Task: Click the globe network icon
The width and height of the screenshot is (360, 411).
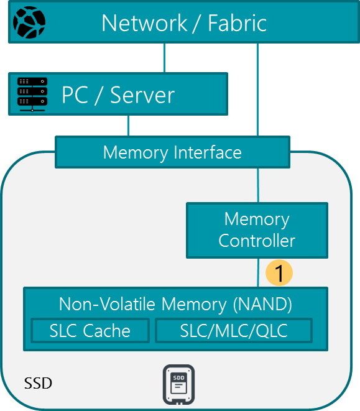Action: pos(29,22)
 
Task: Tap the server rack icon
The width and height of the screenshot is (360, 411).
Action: pos(32,95)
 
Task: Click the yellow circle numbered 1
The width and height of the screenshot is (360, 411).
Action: pos(279,273)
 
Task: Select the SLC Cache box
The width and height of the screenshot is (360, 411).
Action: pos(90,331)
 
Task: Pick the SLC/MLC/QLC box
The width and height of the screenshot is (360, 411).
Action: pos(234,331)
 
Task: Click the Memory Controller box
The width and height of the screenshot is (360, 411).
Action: pos(257,231)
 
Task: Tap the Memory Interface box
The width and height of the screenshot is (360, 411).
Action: pos(172,152)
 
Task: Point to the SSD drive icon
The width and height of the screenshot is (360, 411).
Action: pos(178,384)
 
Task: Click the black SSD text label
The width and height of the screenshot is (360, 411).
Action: pos(38,383)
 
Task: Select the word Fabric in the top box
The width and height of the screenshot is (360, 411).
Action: pos(238,24)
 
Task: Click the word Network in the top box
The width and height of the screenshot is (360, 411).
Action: pos(144,24)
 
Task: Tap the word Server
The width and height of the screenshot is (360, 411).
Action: pos(142,95)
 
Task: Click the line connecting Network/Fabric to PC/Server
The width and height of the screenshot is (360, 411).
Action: pos(164,58)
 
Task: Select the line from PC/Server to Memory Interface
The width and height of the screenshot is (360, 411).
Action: pos(128,126)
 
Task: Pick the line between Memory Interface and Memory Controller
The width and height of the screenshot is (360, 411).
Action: pos(258,185)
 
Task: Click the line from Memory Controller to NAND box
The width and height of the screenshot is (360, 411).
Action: pos(258,273)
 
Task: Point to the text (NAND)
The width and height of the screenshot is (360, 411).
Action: pos(262,305)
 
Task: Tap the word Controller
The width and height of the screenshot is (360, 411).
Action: pos(257,241)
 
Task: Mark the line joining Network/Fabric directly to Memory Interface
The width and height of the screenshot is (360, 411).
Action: pos(258,90)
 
